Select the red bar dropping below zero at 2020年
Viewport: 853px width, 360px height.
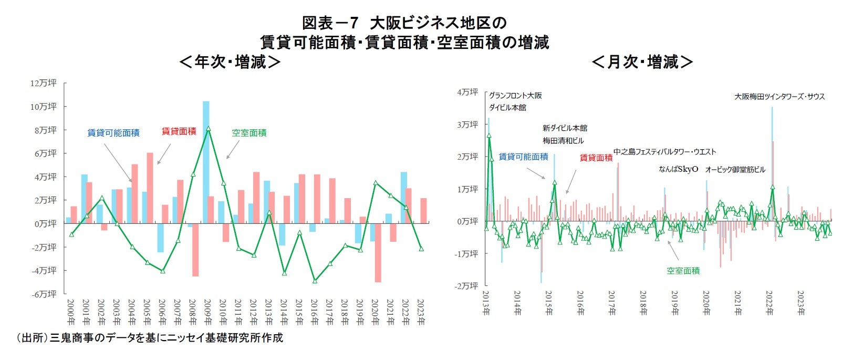click(378, 252)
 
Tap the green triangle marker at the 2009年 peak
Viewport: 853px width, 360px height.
click(209, 128)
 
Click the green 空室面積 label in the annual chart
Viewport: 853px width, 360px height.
click(249, 133)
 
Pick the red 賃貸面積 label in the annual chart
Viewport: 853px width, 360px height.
click(179, 131)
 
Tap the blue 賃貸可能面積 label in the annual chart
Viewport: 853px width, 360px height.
click(113, 133)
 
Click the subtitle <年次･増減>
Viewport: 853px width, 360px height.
click(230, 62)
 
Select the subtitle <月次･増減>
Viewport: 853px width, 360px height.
click(642, 62)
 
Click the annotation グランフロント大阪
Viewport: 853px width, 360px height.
click(515, 96)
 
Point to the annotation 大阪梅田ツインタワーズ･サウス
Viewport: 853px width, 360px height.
click(779, 97)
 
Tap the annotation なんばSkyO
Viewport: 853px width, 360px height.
click(678, 169)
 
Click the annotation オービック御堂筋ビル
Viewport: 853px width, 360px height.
click(735, 169)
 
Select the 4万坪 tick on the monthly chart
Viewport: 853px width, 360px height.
click(467, 92)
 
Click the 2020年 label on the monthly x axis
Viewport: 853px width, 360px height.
click(706, 303)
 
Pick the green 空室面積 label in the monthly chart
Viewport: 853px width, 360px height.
click(683, 271)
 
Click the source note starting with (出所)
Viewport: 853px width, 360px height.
click(149, 338)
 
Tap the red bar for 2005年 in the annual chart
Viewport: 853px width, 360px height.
click(150, 188)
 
